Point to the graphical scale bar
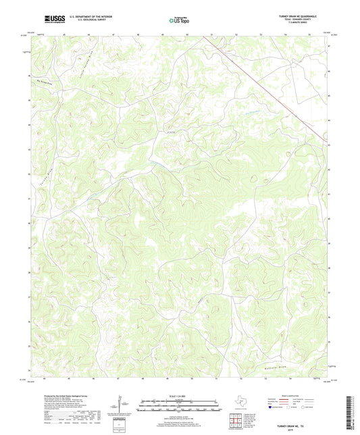[x=179, y=404]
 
